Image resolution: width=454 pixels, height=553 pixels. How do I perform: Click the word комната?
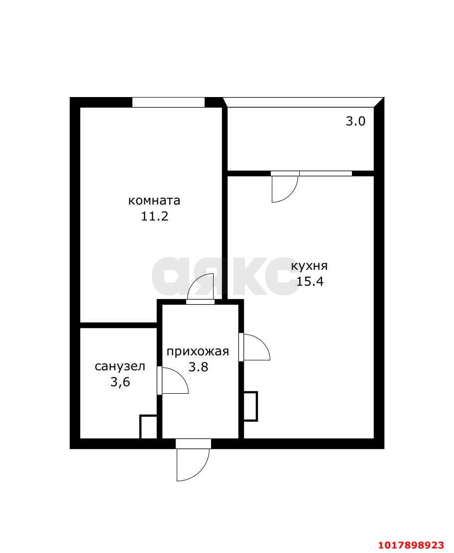click(x=154, y=201)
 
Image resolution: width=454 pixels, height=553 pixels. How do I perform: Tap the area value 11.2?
click(x=154, y=216)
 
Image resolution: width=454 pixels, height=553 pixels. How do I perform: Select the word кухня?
click(x=309, y=266)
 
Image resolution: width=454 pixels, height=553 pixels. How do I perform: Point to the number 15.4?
click(x=310, y=281)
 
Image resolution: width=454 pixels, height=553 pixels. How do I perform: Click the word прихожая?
click(x=198, y=351)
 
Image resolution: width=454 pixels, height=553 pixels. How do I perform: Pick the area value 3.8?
click(x=198, y=367)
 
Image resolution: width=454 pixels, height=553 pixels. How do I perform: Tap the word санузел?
click(x=120, y=366)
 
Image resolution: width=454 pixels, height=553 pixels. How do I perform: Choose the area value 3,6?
click(x=120, y=382)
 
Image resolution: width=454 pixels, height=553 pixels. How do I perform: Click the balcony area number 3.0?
click(x=355, y=121)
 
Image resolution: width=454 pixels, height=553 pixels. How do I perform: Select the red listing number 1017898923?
click(x=411, y=545)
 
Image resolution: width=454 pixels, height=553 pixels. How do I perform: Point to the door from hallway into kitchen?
click(x=254, y=347)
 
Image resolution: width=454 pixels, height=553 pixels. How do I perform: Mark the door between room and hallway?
click(x=200, y=289)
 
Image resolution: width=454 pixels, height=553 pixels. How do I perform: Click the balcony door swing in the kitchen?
click(x=285, y=189)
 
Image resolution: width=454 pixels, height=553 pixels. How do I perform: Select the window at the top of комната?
click(x=168, y=102)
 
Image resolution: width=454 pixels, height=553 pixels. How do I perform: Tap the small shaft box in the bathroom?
click(x=148, y=427)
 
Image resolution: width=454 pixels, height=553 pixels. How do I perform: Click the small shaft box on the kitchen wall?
click(x=250, y=406)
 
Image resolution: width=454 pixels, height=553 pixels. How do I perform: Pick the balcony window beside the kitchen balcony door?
click(x=326, y=173)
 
